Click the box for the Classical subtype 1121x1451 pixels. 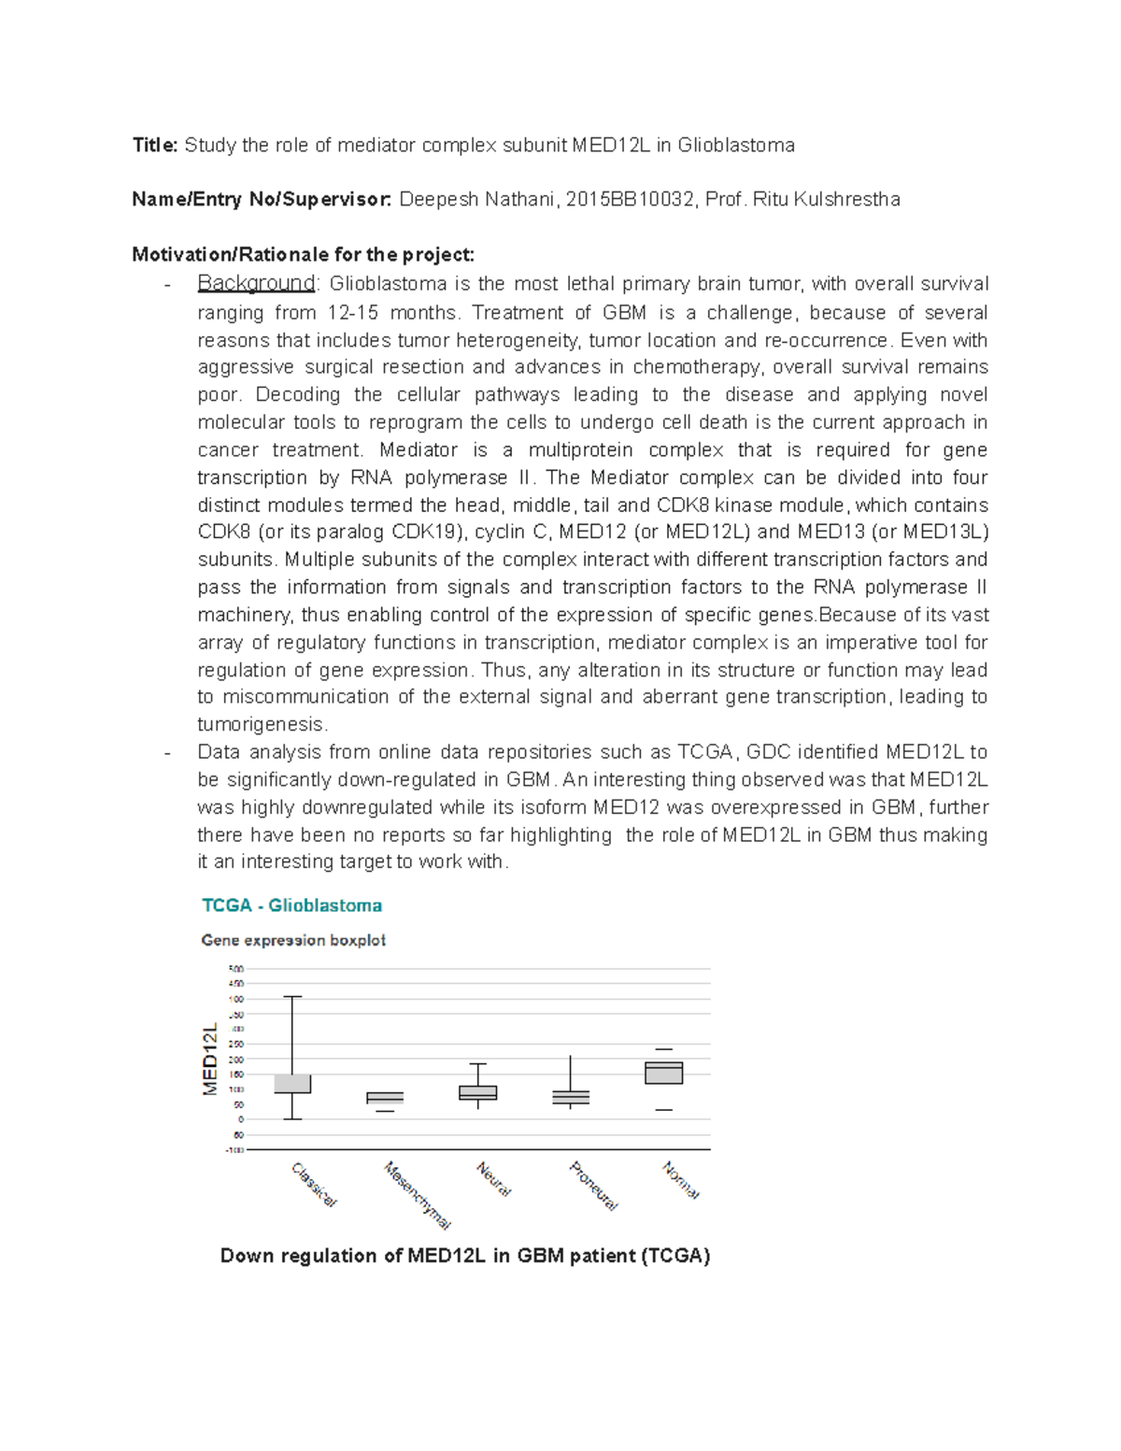tap(292, 1084)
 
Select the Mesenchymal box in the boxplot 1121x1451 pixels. tap(385, 1098)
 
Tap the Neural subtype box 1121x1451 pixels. tap(477, 1092)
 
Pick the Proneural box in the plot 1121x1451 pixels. tap(570, 1098)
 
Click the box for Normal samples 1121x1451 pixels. tap(663, 1073)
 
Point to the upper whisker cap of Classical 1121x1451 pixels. tap(292, 997)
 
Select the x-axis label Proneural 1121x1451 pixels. tap(593, 1186)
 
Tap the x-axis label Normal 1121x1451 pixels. tap(680, 1180)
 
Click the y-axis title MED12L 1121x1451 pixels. tap(210, 1059)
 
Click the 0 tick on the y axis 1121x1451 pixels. tap(240, 1119)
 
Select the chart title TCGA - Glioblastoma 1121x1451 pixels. tap(291, 905)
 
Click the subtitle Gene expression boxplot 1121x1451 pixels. tap(293, 940)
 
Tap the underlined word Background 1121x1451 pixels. tap(256, 283)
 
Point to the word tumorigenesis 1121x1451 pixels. tap(262, 724)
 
